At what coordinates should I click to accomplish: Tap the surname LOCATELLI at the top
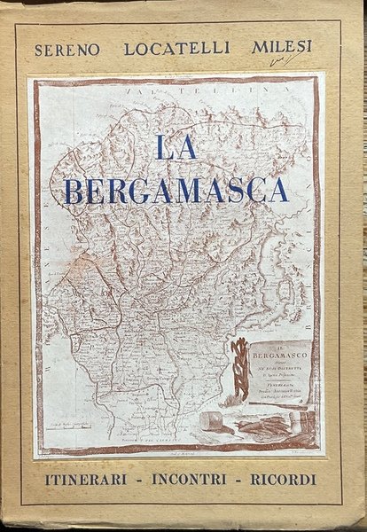click(x=168, y=49)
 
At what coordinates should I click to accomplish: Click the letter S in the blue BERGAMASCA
click(x=230, y=190)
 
